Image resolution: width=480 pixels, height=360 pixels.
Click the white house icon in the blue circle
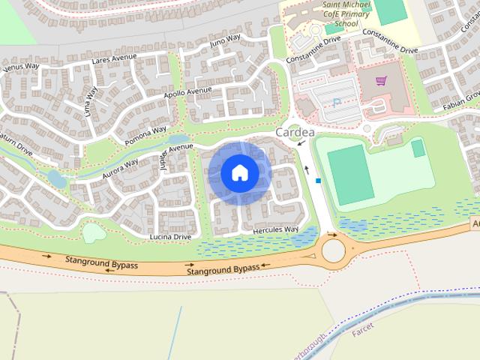click(239, 172)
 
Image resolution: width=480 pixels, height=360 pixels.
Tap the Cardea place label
click(295, 133)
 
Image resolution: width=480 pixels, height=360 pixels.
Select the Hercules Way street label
click(276, 229)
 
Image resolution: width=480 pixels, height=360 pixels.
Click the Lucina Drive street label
click(171, 236)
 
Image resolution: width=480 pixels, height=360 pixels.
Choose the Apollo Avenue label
click(188, 93)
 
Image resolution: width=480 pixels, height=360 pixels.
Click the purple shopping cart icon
click(381, 80)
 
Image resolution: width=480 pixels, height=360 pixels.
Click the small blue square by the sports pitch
click(318, 181)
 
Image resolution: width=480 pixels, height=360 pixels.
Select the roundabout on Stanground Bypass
click(332, 248)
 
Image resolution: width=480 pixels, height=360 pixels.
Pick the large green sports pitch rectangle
click(350, 174)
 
